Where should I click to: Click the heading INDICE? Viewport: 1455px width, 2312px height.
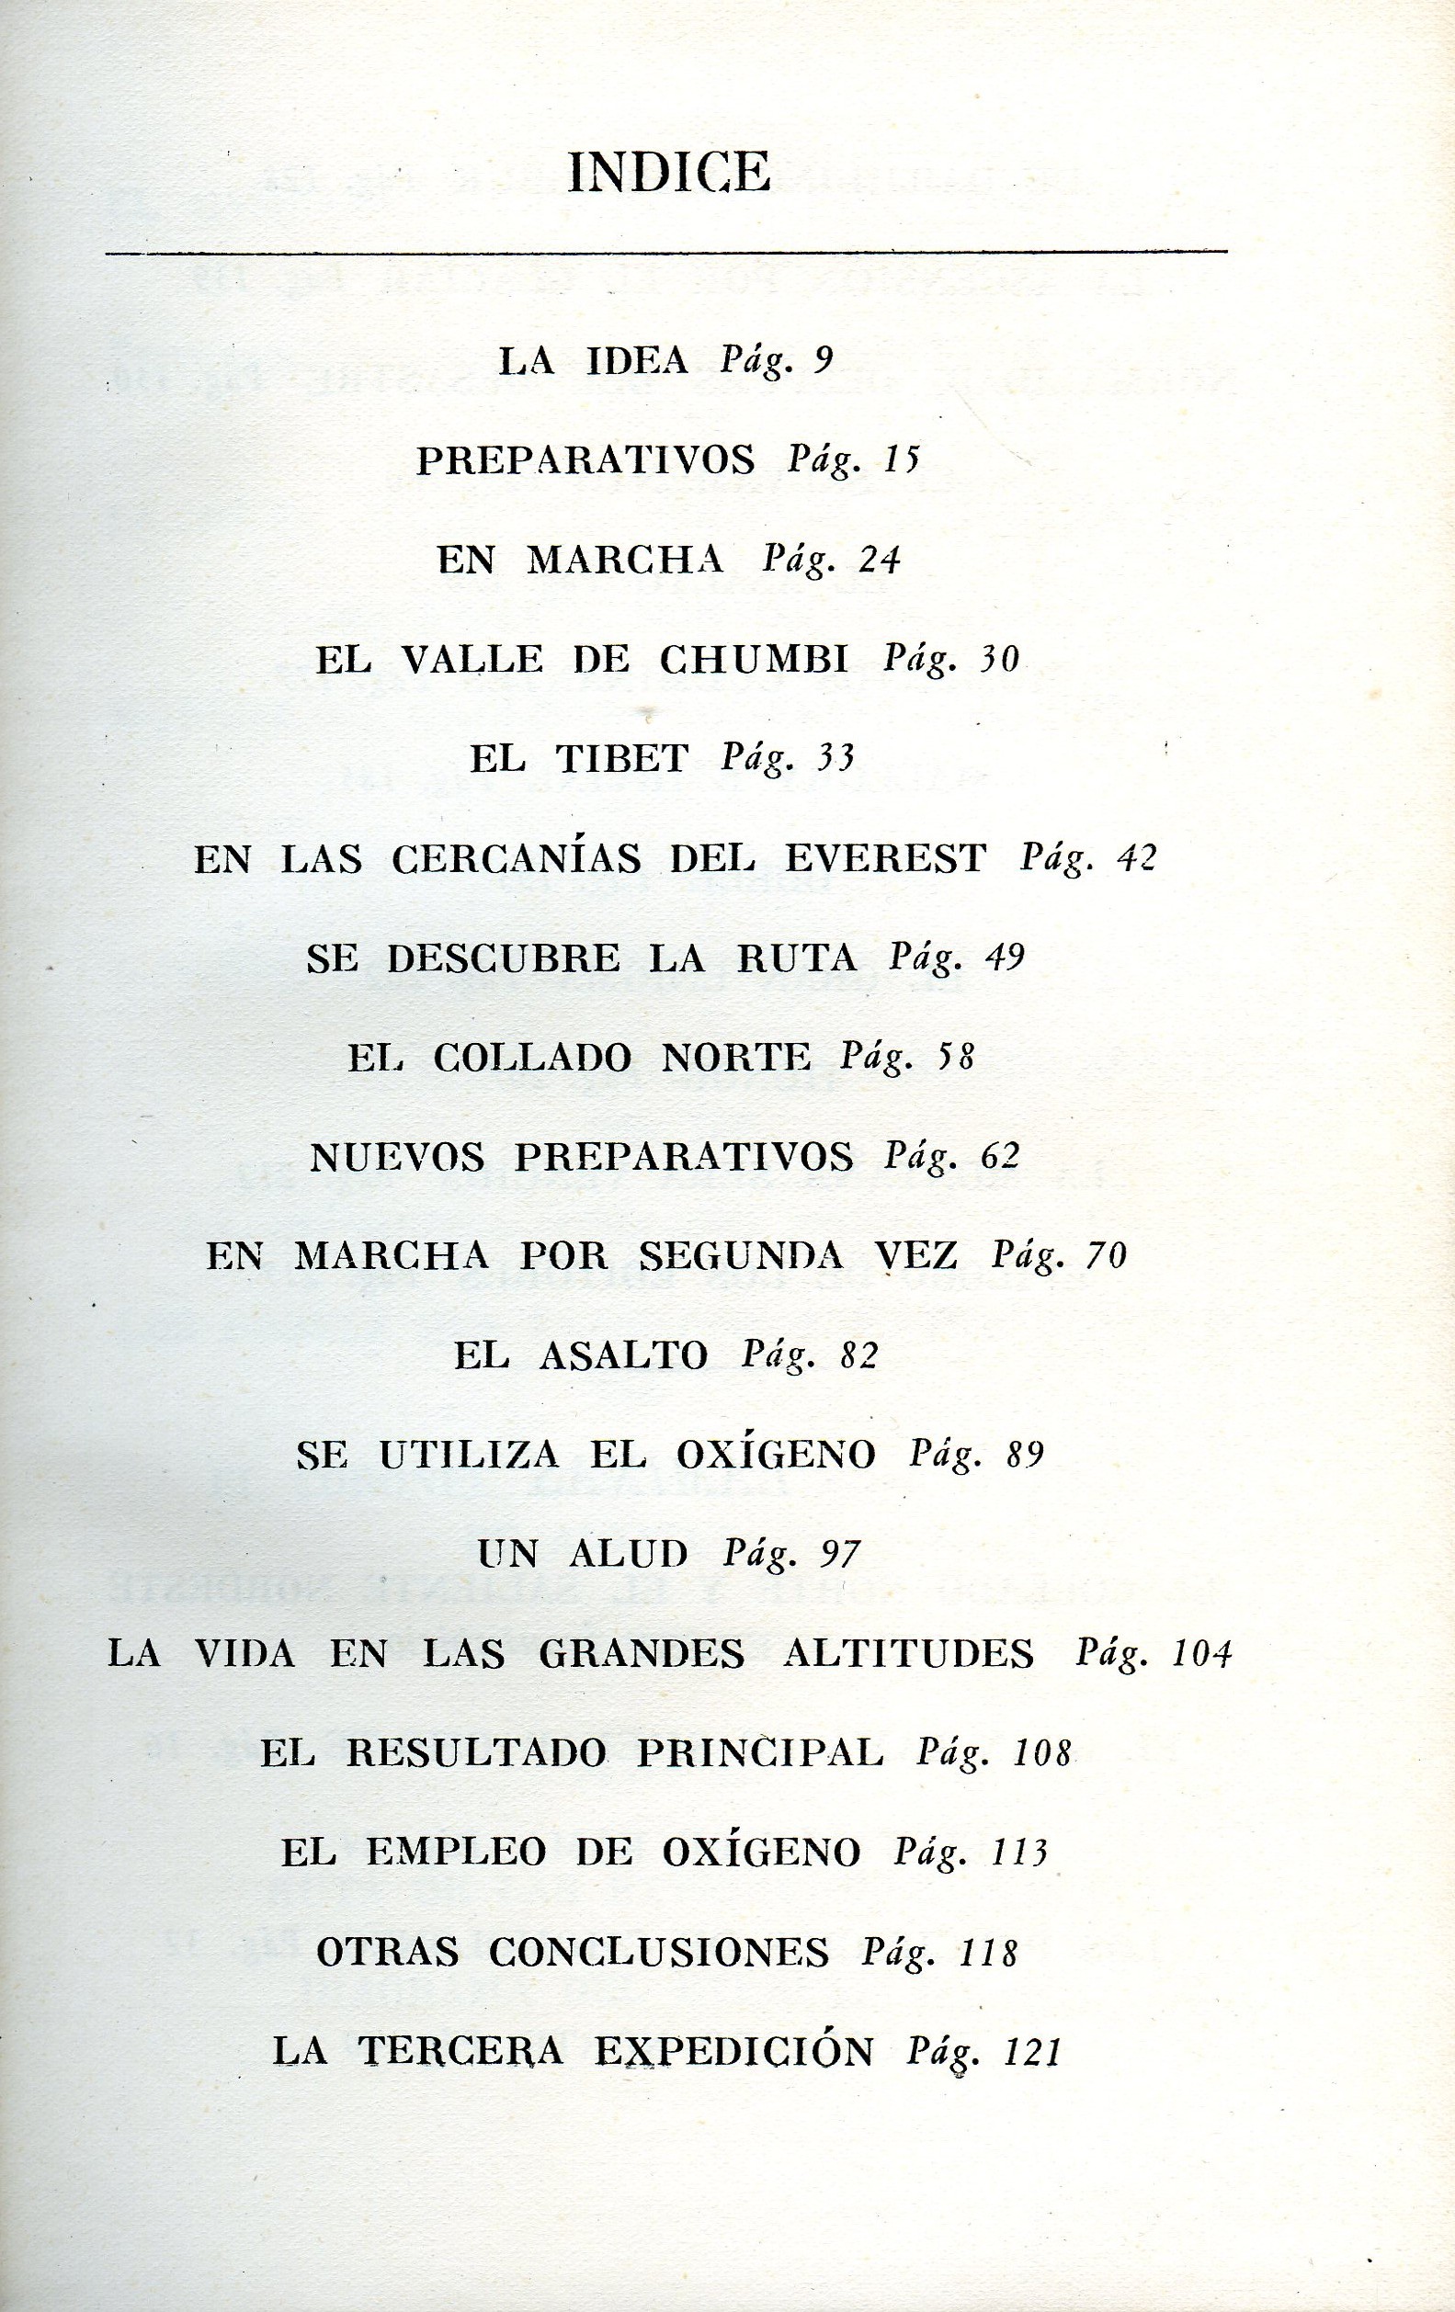(x=669, y=174)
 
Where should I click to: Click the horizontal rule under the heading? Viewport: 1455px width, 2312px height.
(x=665, y=253)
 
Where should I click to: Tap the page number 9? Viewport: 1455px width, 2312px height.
(x=823, y=360)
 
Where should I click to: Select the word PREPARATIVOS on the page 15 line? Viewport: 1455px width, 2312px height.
(x=585, y=461)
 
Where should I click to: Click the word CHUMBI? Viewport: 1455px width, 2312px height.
(x=755, y=660)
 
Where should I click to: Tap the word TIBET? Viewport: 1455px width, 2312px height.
(x=622, y=759)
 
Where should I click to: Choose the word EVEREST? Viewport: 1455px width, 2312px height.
(x=885, y=858)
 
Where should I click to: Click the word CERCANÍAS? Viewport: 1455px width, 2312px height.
(x=517, y=858)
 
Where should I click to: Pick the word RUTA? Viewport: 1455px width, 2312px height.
(x=797, y=958)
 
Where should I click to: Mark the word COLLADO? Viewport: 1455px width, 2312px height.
(x=533, y=1058)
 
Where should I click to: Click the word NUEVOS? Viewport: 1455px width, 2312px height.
(x=398, y=1157)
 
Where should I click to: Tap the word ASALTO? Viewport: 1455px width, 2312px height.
(x=624, y=1355)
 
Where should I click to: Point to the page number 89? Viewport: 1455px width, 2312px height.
(x=1025, y=1456)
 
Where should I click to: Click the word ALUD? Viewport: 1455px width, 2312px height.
(x=630, y=1554)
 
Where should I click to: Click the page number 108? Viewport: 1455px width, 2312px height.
(x=1042, y=1753)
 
